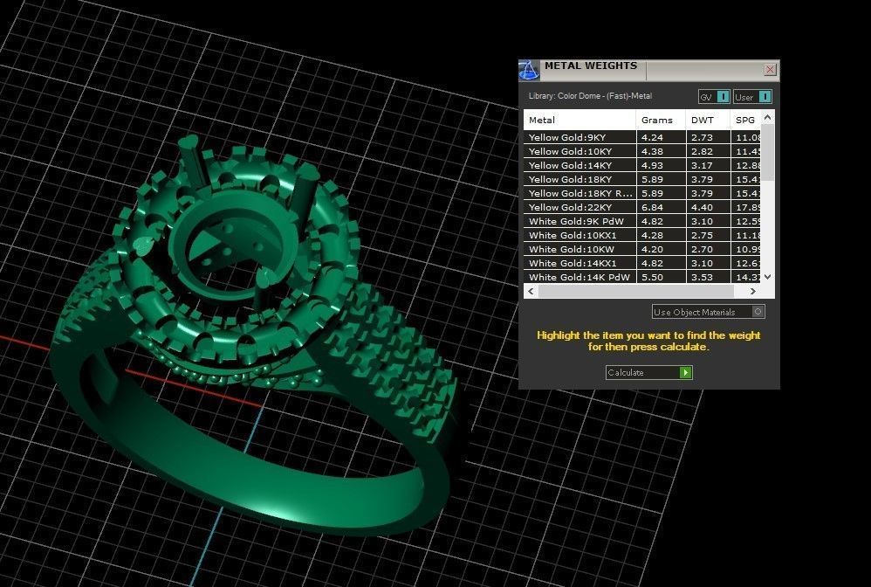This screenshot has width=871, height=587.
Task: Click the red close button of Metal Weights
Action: [x=770, y=70]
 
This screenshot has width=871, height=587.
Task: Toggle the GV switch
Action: [x=714, y=97]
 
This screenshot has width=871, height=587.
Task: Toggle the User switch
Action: [x=752, y=97]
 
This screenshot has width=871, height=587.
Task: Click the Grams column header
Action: [x=656, y=120]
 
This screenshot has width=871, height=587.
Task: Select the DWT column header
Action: [x=702, y=120]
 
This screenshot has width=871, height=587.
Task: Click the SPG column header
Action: [x=744, y=120]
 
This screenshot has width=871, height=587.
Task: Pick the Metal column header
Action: [x=542, y=120]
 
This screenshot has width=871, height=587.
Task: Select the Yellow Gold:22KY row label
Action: [x=567, y=208]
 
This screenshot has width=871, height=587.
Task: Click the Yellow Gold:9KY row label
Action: [x=566, y=138]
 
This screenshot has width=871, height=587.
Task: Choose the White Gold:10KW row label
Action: [x=566, y=250]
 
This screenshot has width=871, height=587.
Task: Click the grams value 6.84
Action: [x=651, y=208]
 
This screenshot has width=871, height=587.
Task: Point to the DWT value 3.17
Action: [x=702, y=166]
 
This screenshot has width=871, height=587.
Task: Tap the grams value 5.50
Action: [x=651, y=278]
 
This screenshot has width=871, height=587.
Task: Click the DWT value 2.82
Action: [x=702, y=152]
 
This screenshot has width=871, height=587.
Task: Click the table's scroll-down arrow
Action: [x=767, y=277]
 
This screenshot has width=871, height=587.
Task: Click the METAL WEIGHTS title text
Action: [x=590, y=66]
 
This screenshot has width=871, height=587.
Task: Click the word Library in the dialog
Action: [x=541, y=96]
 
